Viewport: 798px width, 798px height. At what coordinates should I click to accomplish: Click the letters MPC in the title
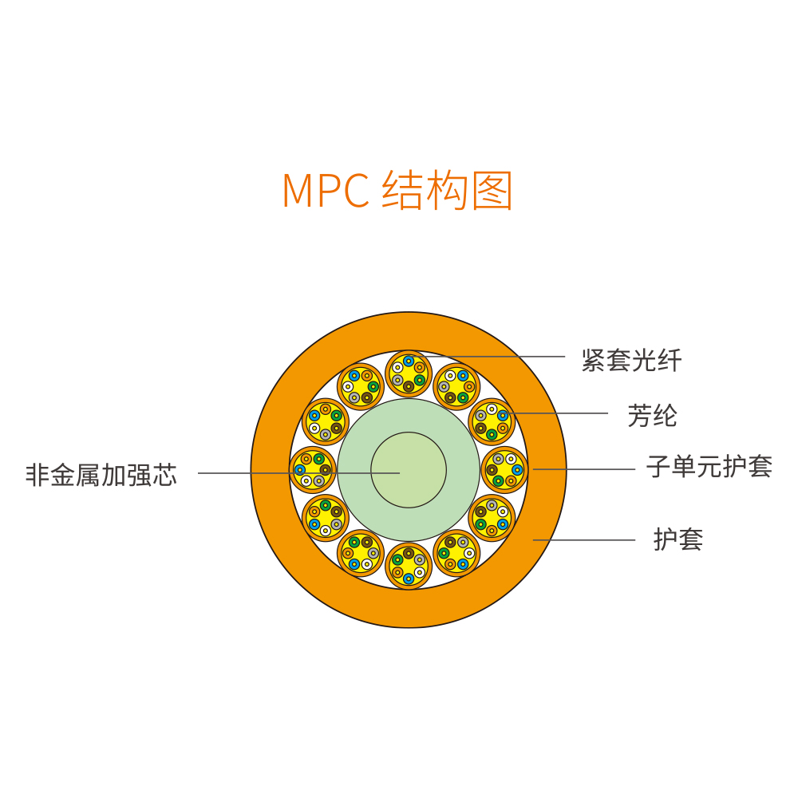coord(326,191)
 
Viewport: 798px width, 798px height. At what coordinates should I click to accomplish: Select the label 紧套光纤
coord(631,361)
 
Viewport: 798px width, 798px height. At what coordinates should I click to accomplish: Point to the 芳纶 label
coord(652,415)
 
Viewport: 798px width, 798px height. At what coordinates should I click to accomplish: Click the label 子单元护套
coord(709,466)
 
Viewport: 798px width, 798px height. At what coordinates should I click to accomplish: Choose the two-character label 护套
coord(678,539)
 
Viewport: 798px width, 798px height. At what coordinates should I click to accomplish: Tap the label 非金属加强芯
coord(101,475)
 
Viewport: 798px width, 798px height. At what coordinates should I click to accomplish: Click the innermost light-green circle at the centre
coord(409,470)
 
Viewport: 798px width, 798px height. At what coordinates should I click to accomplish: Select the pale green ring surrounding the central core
coord(356,470)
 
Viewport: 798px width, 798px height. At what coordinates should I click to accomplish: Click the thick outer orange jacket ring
coord(271,470)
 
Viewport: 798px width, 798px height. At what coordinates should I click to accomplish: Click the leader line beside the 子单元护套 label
coord(584,469)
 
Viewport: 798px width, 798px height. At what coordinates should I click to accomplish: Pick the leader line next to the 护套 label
coord(584,540)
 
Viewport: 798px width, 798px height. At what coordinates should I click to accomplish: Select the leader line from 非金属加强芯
coord(298,472)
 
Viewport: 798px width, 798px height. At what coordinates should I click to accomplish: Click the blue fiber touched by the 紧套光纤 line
coord(409,361)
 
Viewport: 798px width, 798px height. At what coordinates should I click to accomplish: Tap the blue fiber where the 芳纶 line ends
coord(503,416)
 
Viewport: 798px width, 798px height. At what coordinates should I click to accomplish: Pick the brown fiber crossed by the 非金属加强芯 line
coord(326,470)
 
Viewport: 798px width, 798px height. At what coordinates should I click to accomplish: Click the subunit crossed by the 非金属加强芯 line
coord(313,470)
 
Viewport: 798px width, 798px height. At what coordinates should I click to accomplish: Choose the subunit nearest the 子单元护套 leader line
coord(505,470)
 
